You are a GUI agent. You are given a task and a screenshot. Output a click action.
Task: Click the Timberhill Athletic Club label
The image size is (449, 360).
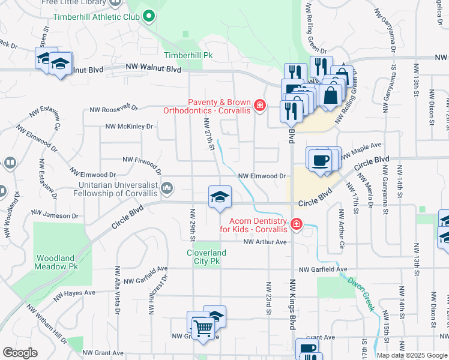[x=96, y=17]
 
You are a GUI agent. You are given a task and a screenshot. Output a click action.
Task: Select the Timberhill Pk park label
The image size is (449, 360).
[x=188, y=55]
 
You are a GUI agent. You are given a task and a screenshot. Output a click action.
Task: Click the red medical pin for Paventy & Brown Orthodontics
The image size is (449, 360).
[x=259, y=106]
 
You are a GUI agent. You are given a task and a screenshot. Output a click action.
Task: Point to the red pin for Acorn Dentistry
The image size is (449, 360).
[x=296, y=225]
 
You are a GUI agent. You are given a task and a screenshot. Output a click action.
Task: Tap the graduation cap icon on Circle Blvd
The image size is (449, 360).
[x=220, y=197]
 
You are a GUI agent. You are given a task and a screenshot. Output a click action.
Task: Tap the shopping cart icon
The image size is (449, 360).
[x=203, y=327]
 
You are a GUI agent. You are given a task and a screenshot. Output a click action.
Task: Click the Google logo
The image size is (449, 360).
[x=20, y=353]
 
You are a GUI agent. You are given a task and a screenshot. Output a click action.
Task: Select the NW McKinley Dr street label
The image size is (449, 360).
[x=129, y=127]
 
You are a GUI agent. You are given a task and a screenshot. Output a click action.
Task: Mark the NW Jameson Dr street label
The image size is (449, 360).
[x=53, y=212]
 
